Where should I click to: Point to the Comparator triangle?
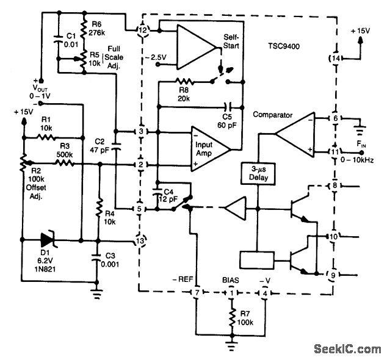pyautogui.click(x=292, y=132)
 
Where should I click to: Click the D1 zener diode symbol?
pyautogui.click(x=47, y=240)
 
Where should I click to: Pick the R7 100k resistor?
pyautogui.click(x=231, y=317)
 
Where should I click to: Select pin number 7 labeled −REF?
pyautogui.click(x=197, y=293)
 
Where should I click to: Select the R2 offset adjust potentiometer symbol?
pyautogui.click(x=24, y=163)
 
